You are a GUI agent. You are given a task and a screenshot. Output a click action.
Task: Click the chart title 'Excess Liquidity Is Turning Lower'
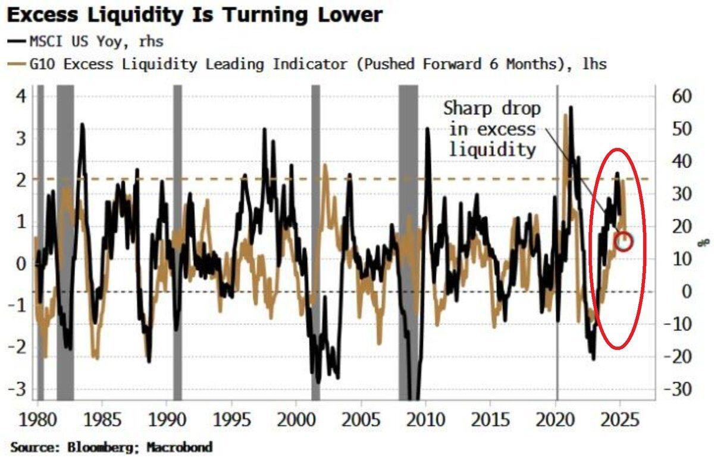tap(195, 15)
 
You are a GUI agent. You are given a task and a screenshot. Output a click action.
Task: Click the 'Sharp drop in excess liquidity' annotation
tap(492, 129)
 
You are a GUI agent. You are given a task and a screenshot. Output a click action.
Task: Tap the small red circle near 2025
tap(624, 241)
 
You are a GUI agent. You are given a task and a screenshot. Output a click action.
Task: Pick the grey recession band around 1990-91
tap(177, 238)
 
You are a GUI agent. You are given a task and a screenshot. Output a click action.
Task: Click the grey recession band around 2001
tap(315, 238)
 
